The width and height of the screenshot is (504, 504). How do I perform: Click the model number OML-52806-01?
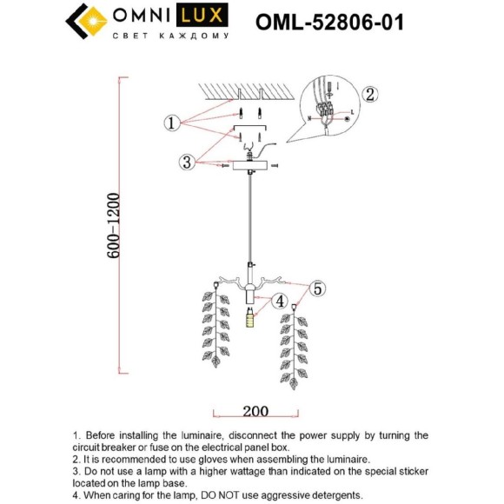click(329, 22)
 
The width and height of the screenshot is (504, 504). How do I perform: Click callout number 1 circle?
click(172, 123)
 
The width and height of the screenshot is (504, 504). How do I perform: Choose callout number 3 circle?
click(186, 162)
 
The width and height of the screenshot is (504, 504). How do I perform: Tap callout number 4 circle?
click(280, 302)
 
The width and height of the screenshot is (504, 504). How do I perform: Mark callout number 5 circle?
click(317, 288)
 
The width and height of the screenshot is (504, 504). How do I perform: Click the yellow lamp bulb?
click(250, 318)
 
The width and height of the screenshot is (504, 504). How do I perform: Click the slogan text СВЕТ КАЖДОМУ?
click(171, 36)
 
